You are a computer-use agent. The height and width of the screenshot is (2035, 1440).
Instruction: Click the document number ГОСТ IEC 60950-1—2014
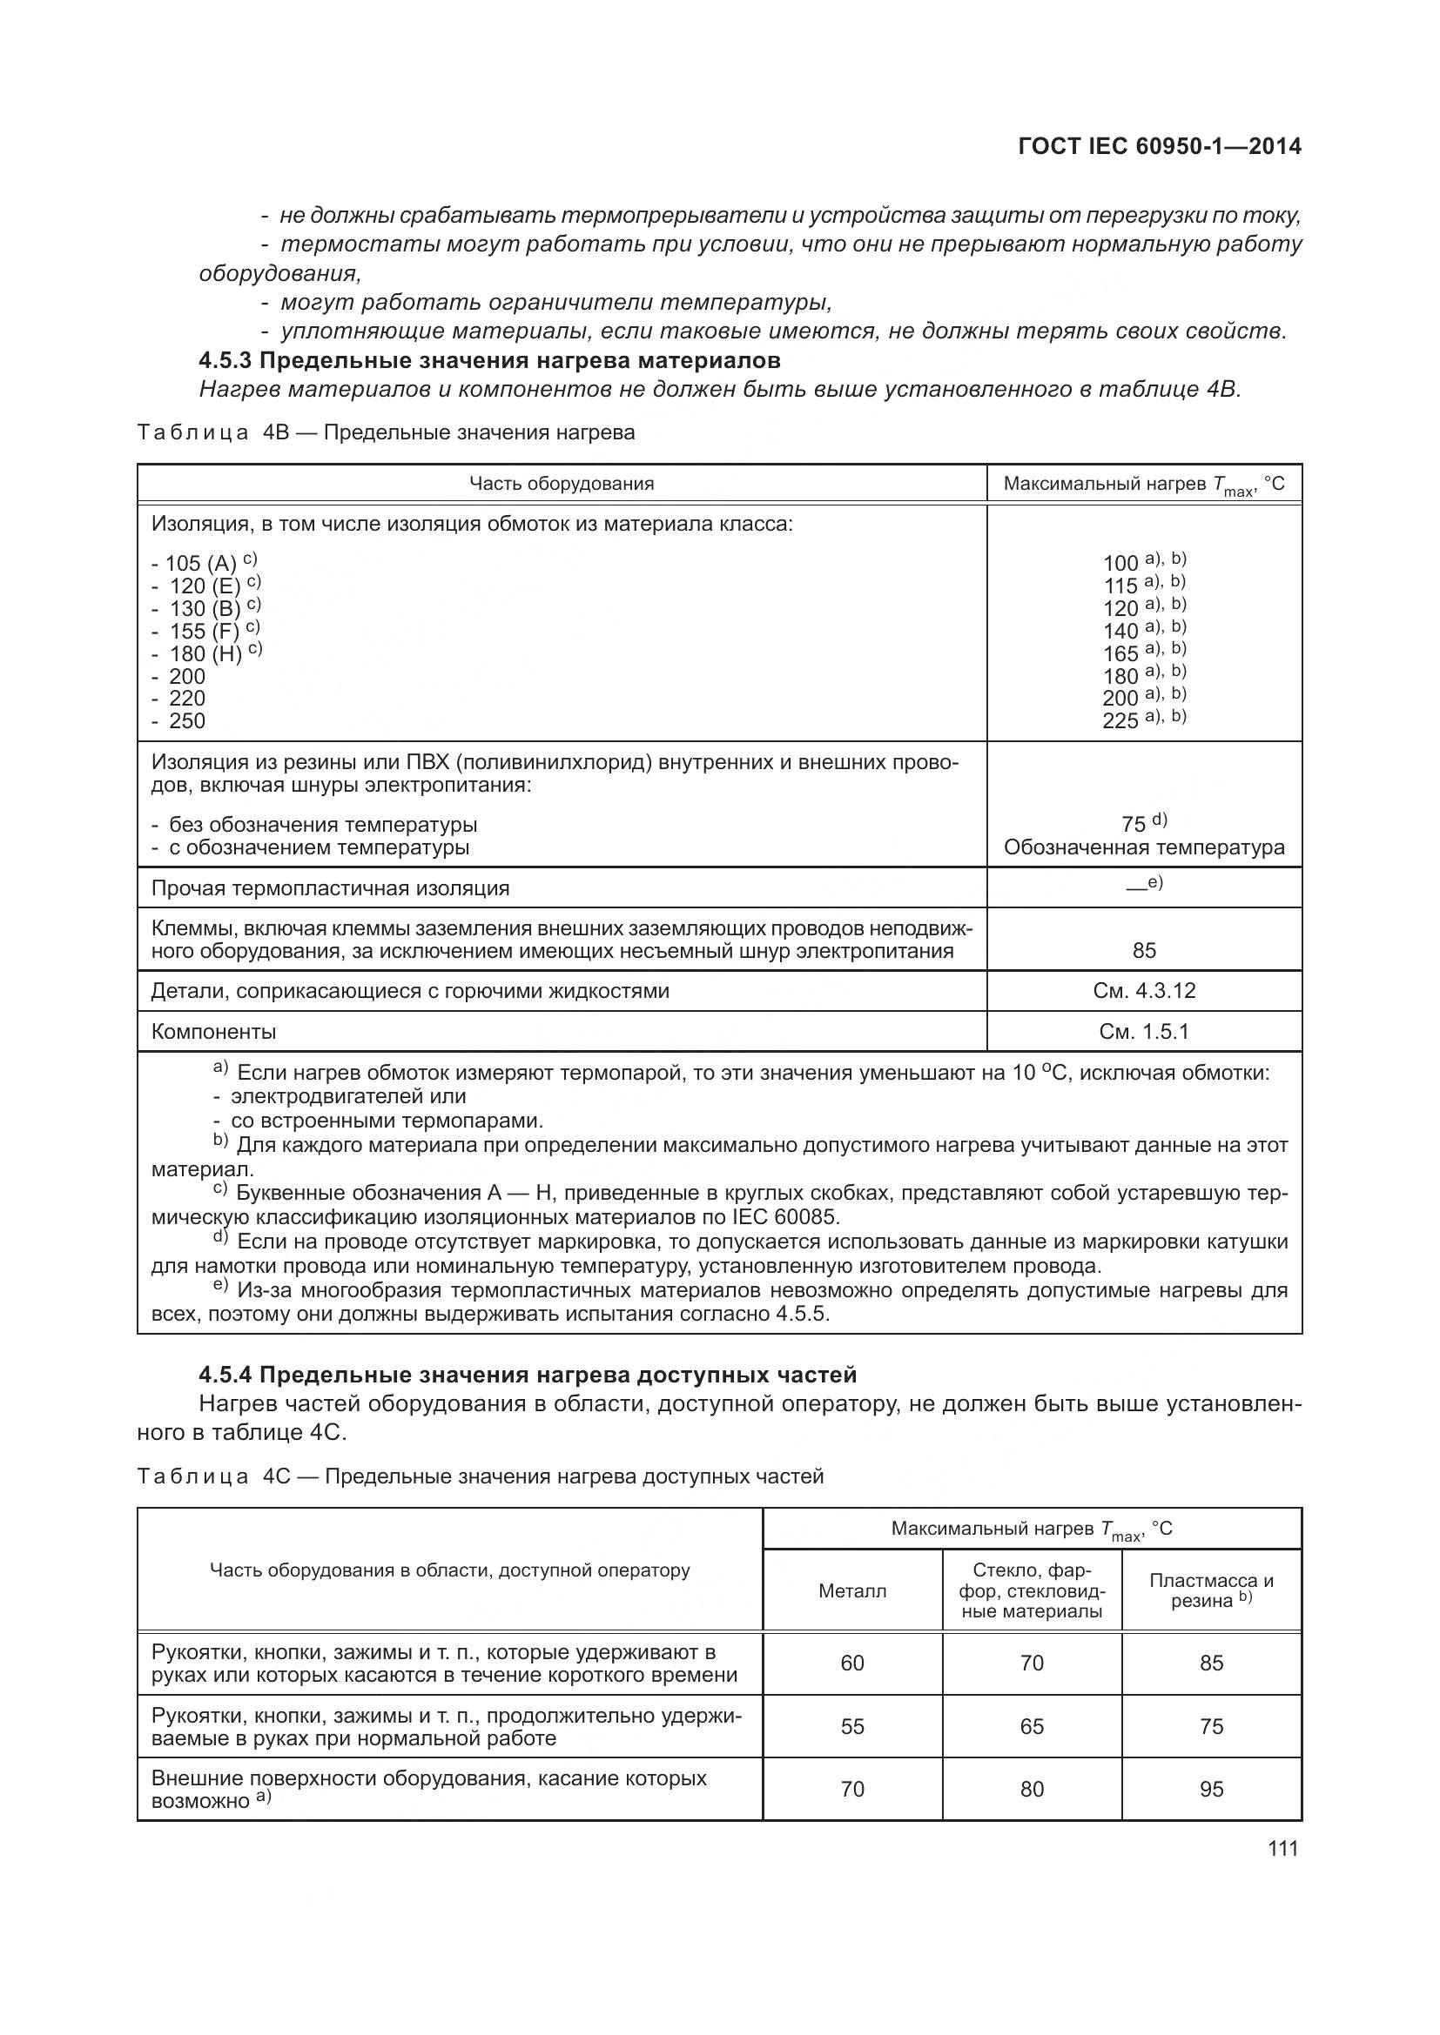tap(1159, 146)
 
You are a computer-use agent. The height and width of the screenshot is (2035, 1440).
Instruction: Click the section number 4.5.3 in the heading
tap(225, 361)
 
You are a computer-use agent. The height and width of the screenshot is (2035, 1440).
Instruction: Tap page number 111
tap(1282, 1848)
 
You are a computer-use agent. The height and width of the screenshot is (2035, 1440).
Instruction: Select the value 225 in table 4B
tap(1120, 720)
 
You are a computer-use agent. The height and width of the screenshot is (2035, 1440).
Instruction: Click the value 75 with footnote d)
tap(1134, 824)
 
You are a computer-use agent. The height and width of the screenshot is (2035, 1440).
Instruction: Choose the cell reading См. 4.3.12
tap(1144, 990)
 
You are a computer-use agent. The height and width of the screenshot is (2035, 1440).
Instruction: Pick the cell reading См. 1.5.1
tap(1144, 1031)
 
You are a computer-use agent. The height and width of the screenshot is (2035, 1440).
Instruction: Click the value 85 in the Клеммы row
tap(1144, 950)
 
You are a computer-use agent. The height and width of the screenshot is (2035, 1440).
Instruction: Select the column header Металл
tap(851, 1591)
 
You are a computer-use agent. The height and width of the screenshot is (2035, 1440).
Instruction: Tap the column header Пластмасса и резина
tap(1211, 1590)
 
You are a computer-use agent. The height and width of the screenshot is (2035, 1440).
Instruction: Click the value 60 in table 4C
tap(851, 1663)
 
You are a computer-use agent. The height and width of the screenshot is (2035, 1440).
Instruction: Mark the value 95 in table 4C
tap(1211, 1789)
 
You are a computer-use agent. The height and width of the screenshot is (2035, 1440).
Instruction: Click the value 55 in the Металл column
tap(851, 1725)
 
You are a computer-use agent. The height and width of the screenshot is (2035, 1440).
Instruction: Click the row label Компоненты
tap(213, 1032)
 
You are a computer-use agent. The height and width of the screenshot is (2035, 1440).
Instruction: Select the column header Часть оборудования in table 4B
tap(562, 483)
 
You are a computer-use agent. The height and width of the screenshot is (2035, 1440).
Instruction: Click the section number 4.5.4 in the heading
tap(225, 1375)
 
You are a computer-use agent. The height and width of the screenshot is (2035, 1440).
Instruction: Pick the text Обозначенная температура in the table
tap(1144, 847)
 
